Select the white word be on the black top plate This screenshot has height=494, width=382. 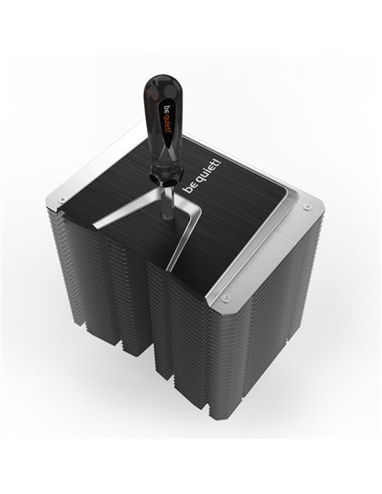click(x=188, y=189)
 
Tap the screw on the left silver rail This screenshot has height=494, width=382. click(x=63, y=199)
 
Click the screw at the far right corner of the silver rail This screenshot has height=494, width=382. click(x=307, y=206)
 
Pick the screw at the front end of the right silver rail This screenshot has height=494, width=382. click(x=224, y=298)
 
